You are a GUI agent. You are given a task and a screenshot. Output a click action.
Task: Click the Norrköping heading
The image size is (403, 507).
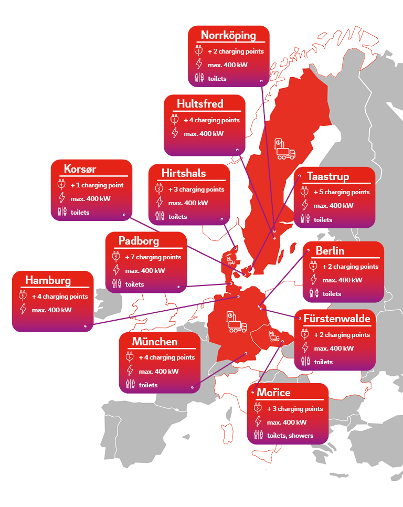pos(228,36)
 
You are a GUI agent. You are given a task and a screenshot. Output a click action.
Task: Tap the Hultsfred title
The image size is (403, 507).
pos(200,104)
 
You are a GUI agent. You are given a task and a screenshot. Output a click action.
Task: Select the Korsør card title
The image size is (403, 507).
pos(80,169)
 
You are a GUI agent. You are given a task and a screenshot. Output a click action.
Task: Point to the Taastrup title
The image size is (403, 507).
pos(328,176)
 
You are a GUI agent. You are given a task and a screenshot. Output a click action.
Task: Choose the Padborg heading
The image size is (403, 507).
pos(139,241)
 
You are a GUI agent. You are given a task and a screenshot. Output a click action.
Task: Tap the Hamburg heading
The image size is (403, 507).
pos(48,280)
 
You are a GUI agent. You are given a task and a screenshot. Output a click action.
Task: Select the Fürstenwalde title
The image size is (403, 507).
pos(336,319)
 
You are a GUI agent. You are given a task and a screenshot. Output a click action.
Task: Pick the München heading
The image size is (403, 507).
pos(155,342)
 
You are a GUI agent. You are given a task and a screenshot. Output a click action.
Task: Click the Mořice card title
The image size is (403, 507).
pos(273,393)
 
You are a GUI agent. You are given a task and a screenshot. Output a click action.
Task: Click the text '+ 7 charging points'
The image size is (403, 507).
pos(153,257)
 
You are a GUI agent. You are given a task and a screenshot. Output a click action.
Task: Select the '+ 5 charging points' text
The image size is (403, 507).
pos(342,192)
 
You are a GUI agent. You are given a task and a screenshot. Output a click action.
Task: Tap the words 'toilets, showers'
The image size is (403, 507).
pos(290,436)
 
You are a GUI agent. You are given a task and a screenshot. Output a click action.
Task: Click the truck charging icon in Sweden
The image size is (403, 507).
pos(284,149)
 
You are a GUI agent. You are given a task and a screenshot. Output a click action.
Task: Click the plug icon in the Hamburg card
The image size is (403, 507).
pos(23,296)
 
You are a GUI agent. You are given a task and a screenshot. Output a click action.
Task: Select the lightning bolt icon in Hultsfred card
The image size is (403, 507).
pos(175,133)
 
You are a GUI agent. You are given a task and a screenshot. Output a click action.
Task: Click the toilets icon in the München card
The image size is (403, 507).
pos(129,385)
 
